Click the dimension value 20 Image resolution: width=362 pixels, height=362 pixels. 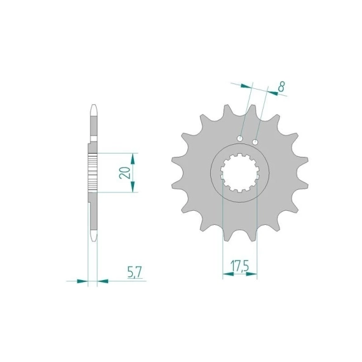(124, 172)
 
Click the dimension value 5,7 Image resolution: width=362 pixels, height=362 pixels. (135, 272)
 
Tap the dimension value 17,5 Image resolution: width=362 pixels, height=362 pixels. (239, 267)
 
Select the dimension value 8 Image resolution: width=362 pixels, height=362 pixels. (281, 87)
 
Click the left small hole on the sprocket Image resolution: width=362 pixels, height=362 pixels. (240, 138)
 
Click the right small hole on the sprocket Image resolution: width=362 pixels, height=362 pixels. (255, 142)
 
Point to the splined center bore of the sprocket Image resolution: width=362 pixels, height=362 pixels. (240, 173)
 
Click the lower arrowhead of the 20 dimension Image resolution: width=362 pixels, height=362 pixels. (132, 187)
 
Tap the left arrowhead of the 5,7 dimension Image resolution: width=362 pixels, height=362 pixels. (83, 281)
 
